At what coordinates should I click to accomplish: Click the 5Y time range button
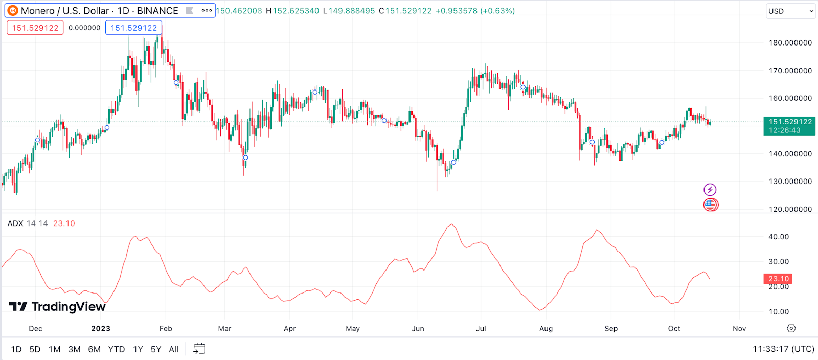(156, 349)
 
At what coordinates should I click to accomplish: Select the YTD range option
(117, 349)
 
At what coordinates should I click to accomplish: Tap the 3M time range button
(74, 349)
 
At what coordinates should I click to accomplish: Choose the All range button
(174, 349)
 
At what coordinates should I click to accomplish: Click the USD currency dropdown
(790, 11)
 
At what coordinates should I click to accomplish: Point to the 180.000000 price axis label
(790, 43)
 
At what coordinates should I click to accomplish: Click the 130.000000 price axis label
(790, 182)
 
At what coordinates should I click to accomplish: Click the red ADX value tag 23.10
(778, 279)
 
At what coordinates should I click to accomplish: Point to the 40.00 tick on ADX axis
(779, 237)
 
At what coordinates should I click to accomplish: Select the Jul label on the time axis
(481, 329)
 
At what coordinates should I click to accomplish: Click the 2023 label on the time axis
(101, 329)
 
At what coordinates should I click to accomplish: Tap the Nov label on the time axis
(739, 329)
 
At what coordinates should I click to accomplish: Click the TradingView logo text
(68, 307)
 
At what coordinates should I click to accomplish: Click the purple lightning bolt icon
(710, 190)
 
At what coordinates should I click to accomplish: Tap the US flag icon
(710, 205)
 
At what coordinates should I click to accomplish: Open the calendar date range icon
(199, 349)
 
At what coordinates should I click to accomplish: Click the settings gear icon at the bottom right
(791, 328)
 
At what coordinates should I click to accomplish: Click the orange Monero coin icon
(13, 11)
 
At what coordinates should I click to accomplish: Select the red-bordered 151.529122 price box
(35, 28)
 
